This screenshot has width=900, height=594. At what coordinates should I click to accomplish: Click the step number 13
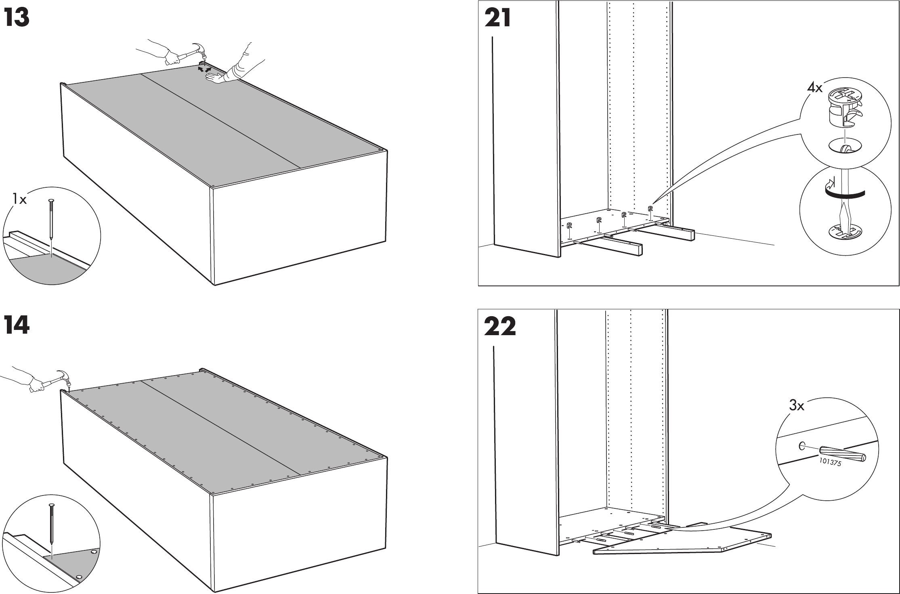17,18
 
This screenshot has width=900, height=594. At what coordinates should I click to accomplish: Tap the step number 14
17,325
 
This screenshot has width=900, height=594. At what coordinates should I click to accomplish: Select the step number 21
497,18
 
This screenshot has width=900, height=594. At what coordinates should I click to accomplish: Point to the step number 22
500,327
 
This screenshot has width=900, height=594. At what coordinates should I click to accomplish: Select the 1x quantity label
19,199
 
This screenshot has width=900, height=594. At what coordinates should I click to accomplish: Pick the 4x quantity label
814,88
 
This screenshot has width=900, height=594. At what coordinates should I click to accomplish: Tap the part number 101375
830,462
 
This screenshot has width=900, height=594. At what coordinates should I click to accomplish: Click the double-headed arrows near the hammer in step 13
204,70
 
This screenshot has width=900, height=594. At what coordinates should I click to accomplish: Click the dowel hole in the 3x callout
801,446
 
